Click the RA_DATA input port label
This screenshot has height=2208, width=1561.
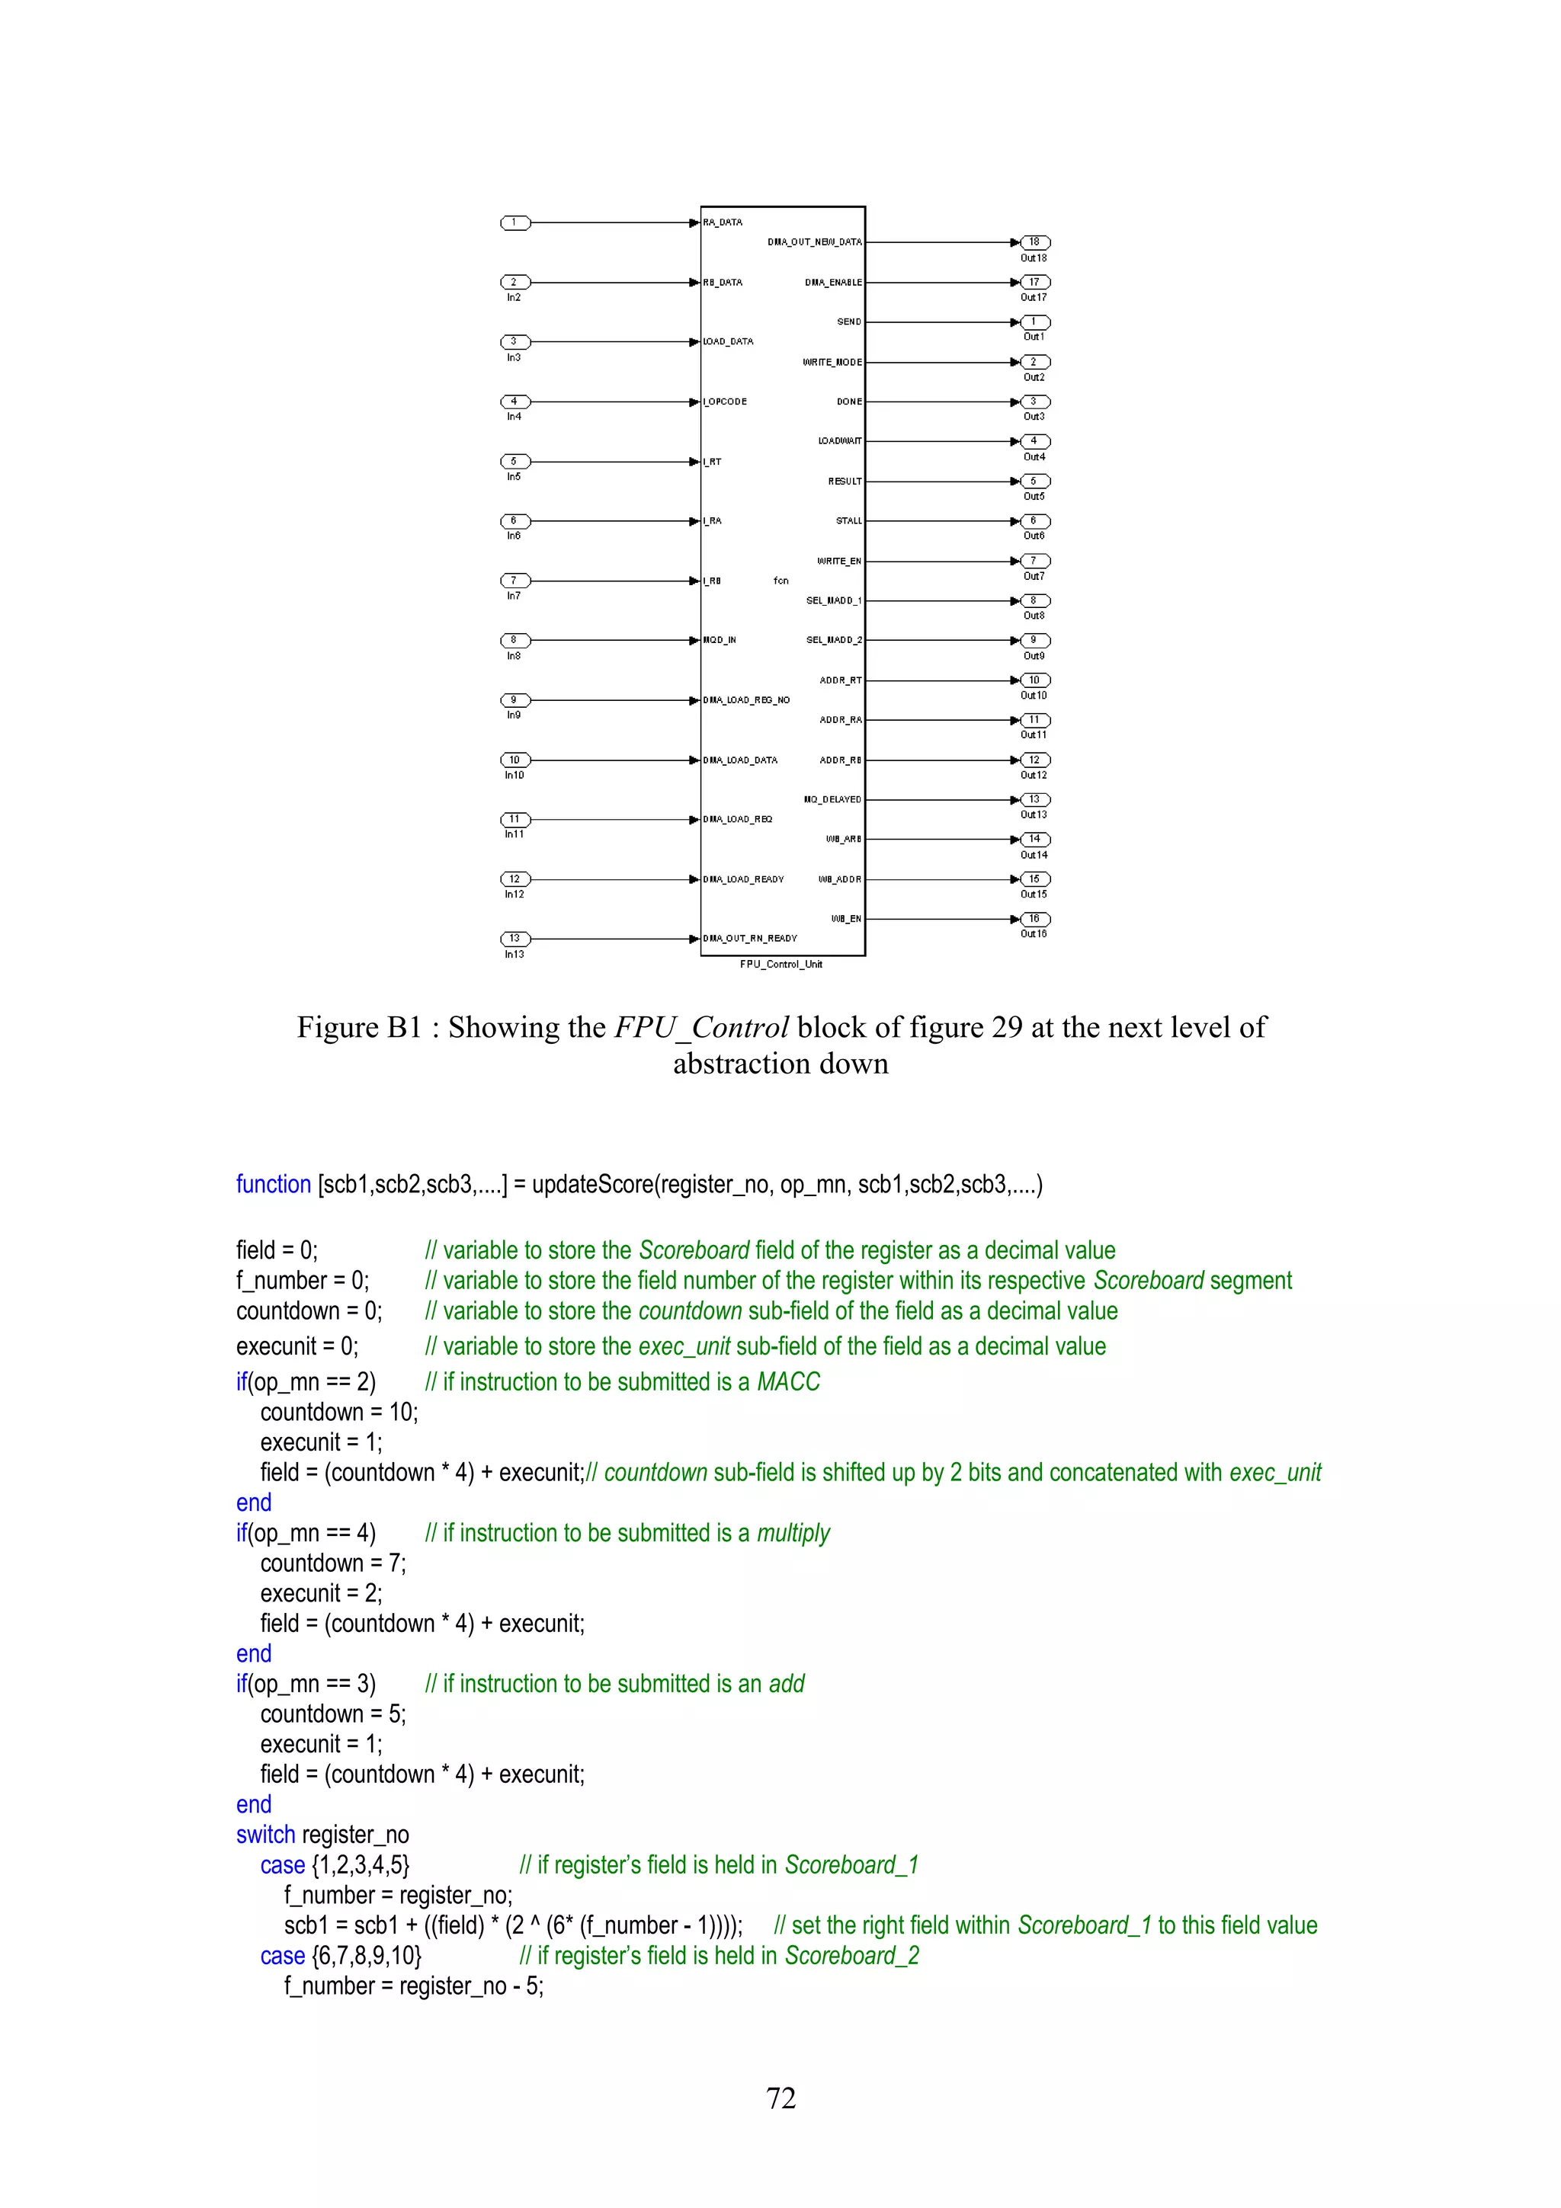pos(723,222)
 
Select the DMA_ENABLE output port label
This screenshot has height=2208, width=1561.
pos(833,283)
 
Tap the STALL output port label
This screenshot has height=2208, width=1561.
pos(848,521)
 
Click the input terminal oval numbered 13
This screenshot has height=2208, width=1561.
pos(514,939)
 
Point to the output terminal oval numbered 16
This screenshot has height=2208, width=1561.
pos(1035,920)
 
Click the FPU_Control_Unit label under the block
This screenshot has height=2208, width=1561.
pos(781,965)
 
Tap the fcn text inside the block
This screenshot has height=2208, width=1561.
pos(781,581)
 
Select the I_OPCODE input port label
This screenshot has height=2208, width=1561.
pos(725,402)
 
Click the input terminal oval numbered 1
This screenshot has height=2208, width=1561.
pos(514,223)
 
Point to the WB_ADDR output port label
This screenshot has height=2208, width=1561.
pos(840,880)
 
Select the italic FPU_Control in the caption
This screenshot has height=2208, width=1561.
pos(701,1028)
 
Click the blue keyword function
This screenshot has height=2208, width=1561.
pos(273,1185)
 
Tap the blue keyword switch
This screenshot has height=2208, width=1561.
pos(265,1835)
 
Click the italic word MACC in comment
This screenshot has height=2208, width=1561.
pos(789,1382)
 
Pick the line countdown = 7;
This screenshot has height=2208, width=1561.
pos(333,1563)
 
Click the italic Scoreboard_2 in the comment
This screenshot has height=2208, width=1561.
pos(851,1956)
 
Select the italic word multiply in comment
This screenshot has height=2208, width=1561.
pos(793,1533)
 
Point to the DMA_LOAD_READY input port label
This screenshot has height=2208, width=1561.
pos(743,880)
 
